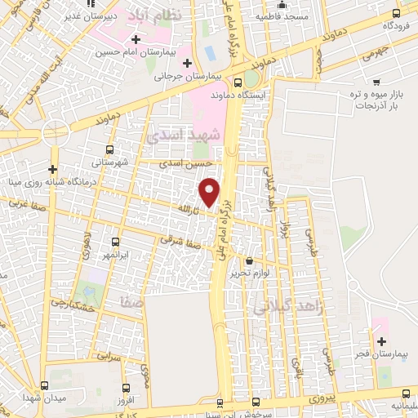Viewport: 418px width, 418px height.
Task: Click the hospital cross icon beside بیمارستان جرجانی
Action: click(x=188, y=62)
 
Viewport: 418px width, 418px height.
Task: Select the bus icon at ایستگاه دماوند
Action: click(x=238, y=82)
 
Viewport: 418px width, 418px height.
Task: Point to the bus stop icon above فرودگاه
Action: click(x=396, y=13)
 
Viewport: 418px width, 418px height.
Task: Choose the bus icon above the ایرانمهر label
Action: click(x=115, y=242)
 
